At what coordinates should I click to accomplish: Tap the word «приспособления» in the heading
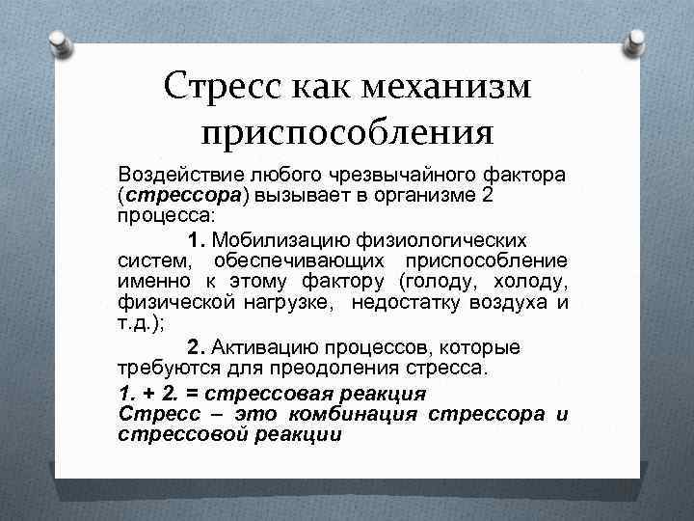[x=347, y=126]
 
